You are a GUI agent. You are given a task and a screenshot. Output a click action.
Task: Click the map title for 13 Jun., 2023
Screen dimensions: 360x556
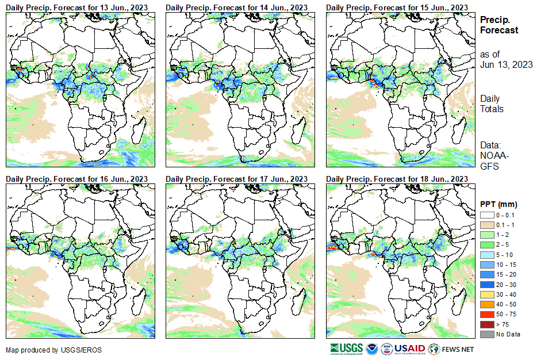click(x=77, y=6)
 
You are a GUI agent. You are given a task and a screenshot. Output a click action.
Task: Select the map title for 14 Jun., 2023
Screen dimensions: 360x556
click(x=237, y=6)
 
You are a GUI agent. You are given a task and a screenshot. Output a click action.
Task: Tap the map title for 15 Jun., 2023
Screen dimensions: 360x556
click(x=397, y=6)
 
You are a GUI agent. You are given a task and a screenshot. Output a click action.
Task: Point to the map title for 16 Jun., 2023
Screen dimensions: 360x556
click(x=77, y=179)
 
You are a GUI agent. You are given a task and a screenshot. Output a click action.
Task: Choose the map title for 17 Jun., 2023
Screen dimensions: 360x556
click(x=237, y=179)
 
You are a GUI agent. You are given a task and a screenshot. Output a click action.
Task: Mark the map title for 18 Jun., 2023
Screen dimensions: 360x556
click(x=397, y=179)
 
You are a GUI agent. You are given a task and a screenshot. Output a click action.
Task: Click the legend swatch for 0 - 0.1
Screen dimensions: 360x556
click(x=486, y=215)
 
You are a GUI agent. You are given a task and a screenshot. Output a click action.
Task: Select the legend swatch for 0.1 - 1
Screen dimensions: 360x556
click(x=486, y=224)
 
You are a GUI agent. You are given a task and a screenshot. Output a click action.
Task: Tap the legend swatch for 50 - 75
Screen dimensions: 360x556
click(x=486, y=315)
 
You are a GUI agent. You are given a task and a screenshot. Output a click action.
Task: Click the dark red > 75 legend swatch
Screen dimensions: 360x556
click(x=486, y=324)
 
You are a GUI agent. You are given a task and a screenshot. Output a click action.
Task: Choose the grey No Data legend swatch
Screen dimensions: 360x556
click(x=486, y=334)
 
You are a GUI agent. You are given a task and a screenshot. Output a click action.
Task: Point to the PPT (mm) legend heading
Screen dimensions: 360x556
click(x=499, y=204)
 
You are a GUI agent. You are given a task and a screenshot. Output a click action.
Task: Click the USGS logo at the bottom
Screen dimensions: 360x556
click(x=346, y=349)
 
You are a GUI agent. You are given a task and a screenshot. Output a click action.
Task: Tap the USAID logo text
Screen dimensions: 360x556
click(x=409, y=349)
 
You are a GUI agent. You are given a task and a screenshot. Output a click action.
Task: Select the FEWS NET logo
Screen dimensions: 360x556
click(x=453, y=349)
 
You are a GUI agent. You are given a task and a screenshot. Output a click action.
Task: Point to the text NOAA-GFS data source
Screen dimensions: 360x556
click(x=490, y=160)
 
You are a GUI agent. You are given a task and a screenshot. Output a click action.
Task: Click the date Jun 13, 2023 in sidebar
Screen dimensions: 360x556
click(x=506, y=64)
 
